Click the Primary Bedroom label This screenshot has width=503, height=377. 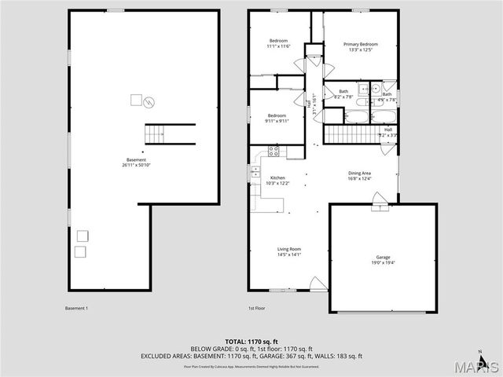coord(361,45)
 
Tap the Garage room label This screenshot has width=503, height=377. coord(383,257)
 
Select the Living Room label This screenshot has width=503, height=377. coord(289,250)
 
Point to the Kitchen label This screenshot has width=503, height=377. coord(277,178)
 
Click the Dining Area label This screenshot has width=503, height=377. coord(360,173)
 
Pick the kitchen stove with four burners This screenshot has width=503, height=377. coord(274,149)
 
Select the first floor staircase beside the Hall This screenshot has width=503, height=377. coord(347,134)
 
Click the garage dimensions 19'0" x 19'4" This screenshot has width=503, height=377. coord(383,262)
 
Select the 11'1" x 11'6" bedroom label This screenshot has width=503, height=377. coord(279,43)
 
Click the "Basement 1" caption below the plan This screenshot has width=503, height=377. coord(76,309)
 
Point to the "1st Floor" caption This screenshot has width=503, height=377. coord(256,309)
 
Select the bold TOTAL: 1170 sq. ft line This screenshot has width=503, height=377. coord(251,342)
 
